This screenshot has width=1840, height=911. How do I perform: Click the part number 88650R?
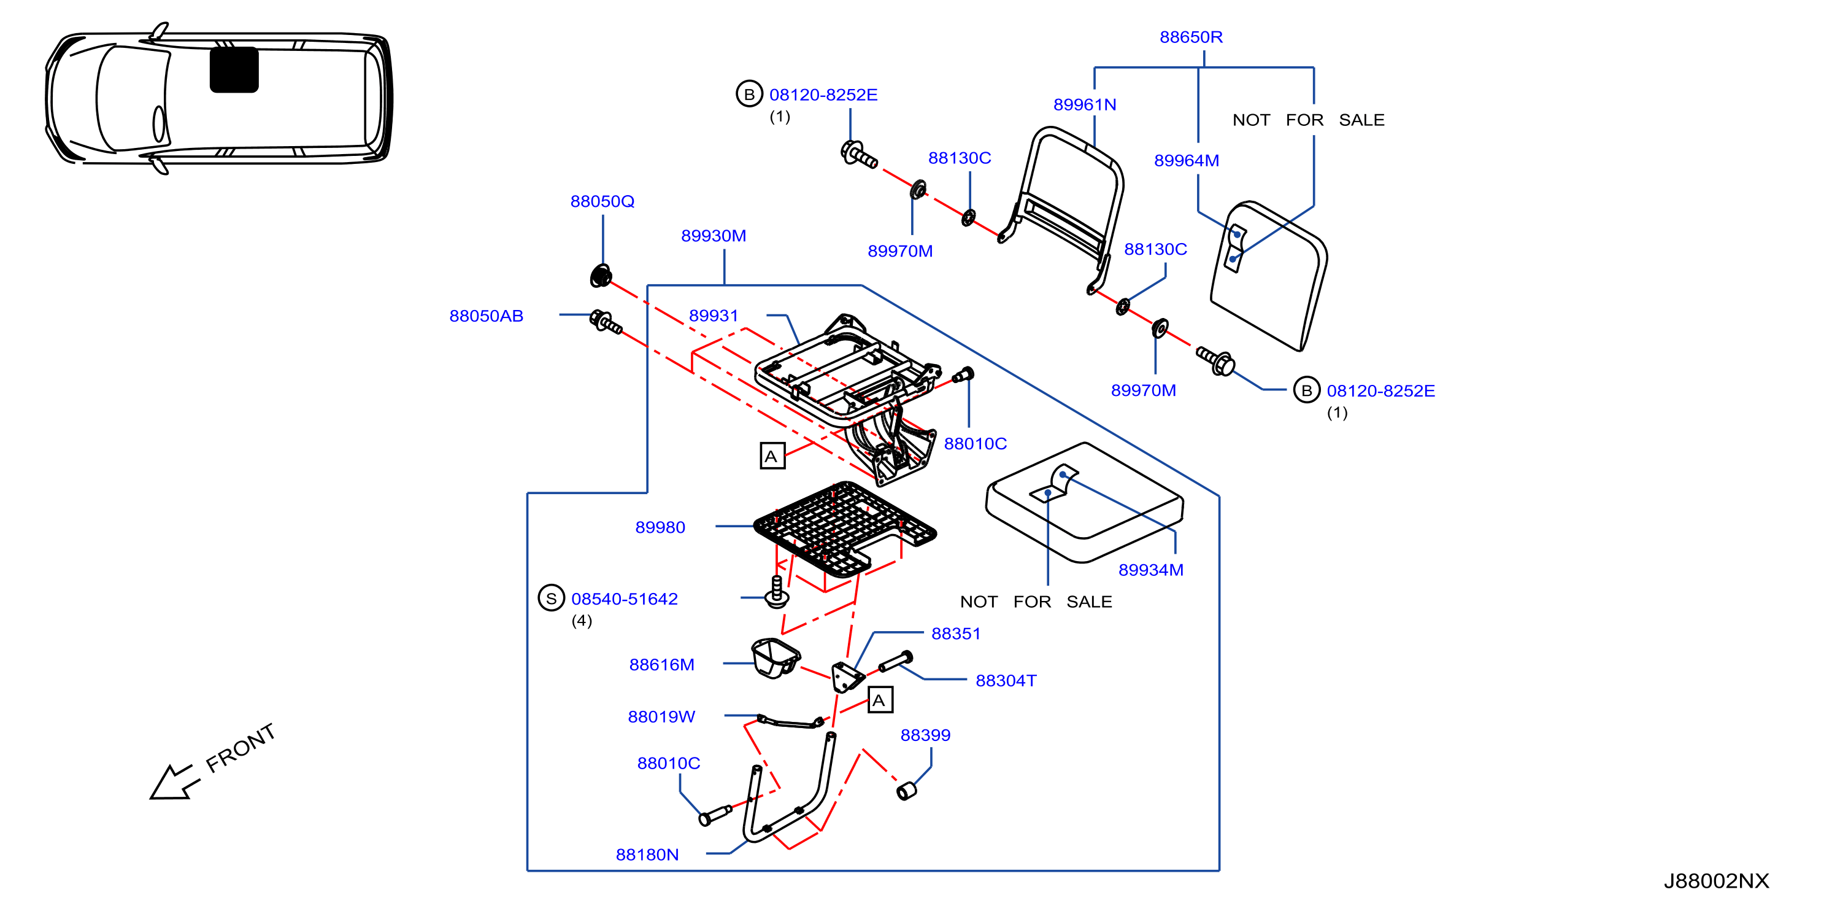coord(1191,37)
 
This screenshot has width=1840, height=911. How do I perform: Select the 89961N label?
coord(1084,105)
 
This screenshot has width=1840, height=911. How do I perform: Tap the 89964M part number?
coord(1187,161)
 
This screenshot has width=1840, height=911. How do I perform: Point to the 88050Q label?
coord(602,201)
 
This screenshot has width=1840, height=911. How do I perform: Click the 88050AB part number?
coord(487,316)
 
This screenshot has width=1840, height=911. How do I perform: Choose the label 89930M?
coord(714,236)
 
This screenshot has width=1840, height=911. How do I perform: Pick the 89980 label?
coord(660,527)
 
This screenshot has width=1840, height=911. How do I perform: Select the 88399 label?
coord(925,735)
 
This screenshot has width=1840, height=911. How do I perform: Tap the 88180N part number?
coord(647,855)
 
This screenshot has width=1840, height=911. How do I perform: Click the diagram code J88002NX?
coord(1717,881)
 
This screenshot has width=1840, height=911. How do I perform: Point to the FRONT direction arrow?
coord(174,781)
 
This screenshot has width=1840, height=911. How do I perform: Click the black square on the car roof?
coord(234,70)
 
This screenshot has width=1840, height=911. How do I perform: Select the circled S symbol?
coord(551,599)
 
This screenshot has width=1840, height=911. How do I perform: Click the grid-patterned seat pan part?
coord(844,529)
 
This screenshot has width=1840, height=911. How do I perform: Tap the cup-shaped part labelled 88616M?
coord(775,657)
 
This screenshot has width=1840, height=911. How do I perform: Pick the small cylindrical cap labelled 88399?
coord(906,791)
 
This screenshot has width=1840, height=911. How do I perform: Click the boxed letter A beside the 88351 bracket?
coord(879,700)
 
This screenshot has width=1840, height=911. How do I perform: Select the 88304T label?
coord(1006,681)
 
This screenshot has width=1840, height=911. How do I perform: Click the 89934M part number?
coord(1151,570)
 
